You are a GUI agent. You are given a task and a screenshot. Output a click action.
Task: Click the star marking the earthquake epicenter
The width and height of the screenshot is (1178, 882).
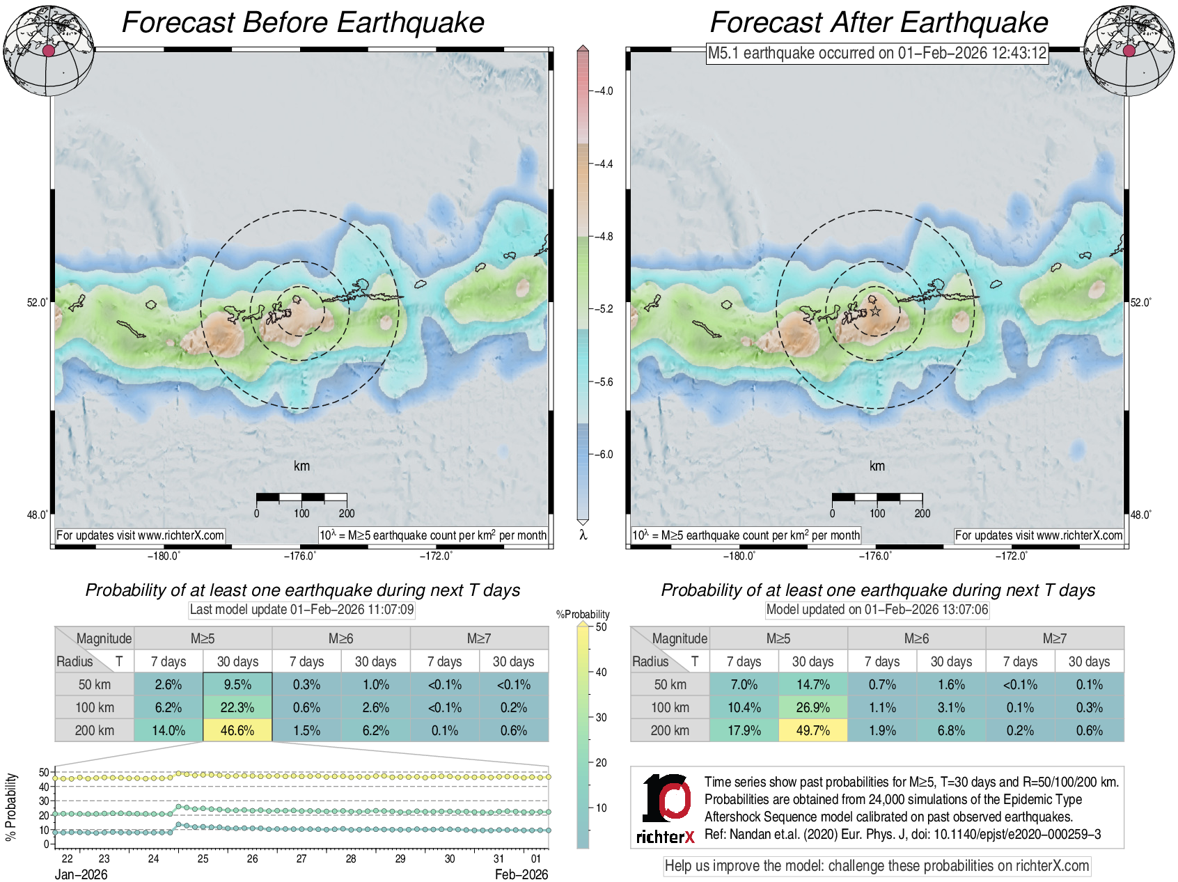pos(876,311)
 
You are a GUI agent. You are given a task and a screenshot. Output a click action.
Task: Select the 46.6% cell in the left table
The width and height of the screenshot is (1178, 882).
pos(237,730)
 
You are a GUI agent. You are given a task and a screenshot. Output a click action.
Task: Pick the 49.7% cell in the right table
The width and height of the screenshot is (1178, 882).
pos(812,730)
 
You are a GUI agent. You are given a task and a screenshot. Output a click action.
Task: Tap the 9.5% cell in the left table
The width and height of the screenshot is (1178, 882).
pos(237,684)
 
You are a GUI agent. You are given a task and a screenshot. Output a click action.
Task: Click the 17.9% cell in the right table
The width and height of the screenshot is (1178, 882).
pos(744,730)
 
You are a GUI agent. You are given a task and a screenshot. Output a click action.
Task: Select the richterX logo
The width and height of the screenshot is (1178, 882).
pos(666,808)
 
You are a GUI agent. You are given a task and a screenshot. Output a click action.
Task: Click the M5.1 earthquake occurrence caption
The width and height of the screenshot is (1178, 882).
pos(877,53)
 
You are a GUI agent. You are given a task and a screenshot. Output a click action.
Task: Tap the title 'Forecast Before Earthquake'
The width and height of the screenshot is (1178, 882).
pos(303,22)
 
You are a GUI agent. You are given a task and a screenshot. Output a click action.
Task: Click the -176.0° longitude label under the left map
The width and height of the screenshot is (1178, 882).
pos(300,556)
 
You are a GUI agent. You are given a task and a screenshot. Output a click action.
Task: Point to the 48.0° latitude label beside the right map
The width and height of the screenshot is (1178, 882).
pos(1140,514)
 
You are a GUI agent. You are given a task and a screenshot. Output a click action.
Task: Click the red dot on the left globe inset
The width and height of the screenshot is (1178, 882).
pos(48,51)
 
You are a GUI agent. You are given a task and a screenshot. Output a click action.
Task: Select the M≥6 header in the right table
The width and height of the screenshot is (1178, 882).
pos(916,638)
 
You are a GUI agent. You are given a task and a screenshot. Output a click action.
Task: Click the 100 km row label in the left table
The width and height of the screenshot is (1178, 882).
pos(95,707)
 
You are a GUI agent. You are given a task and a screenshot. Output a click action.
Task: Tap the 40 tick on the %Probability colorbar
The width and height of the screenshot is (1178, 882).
pos(601,672)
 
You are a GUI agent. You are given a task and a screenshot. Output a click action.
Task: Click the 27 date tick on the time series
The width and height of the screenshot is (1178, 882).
pos(301,858)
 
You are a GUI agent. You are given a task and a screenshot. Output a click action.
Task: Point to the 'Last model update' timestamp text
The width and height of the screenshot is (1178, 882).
pos(301,610)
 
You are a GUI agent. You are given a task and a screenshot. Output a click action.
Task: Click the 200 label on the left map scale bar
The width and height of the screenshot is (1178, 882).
pos(347,514)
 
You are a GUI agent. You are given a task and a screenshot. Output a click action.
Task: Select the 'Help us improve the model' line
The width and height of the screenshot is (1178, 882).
pos(877,866)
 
